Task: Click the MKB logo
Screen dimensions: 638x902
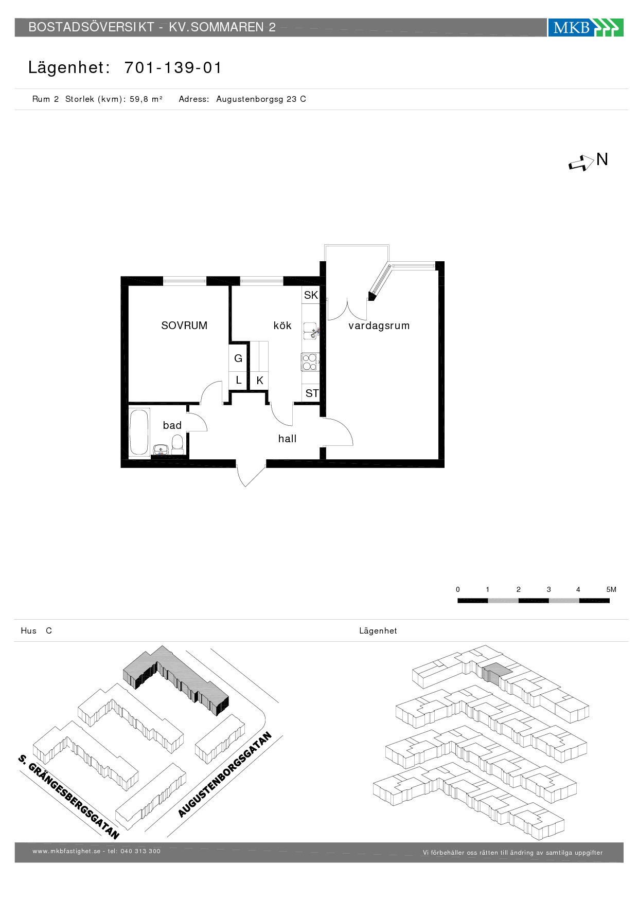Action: (586, 27)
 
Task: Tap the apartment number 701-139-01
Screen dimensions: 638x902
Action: (173, 67)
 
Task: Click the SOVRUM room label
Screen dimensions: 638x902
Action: (184, 326)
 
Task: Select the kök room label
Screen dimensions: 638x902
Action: (282, 326)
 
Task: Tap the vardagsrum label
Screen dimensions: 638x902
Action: (379, 326)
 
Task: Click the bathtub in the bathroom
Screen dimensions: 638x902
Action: (139, 431)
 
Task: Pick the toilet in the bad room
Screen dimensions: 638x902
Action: (178, 444)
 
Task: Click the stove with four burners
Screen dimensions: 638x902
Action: (310, 362)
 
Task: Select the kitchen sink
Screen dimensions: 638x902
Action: (310, 331)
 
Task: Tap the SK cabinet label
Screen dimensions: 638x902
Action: (311, 295)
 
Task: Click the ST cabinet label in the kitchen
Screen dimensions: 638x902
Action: (312, 393)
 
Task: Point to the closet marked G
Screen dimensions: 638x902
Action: (238, 358)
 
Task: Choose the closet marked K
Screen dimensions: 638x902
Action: (260, 381)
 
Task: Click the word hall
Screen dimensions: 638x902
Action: (287, 439)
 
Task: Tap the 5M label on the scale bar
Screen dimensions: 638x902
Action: (611, 589)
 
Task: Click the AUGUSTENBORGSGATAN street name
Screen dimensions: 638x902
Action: (225, 774)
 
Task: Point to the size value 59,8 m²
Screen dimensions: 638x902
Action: (146, 99)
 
